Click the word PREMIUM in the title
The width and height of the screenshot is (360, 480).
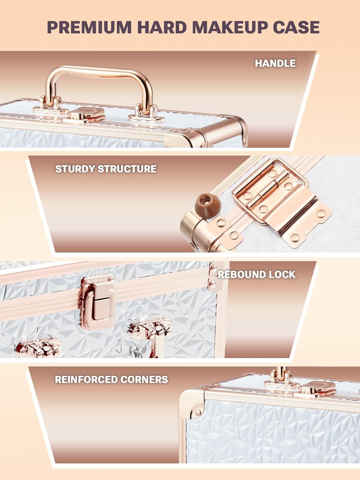[x=89, y=27]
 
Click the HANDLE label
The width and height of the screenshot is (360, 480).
[x=275, y=63]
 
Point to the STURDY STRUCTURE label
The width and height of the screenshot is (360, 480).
[x=106, y=169]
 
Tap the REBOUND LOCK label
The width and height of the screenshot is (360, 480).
[x=257, y=275]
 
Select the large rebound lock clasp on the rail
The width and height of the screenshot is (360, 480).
[x=98, y=301]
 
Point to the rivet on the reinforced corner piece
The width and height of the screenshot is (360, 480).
[x=198, y=412]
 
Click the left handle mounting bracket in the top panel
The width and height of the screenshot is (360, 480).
[x=50, y=105]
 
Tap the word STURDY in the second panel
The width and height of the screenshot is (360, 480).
[x=75, y=169]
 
